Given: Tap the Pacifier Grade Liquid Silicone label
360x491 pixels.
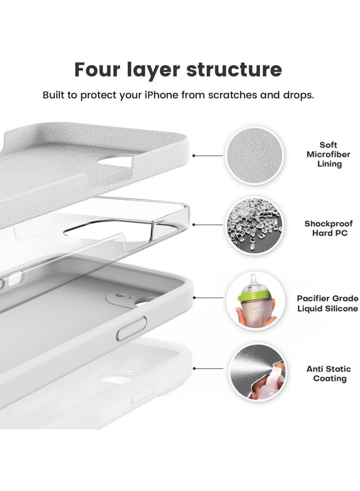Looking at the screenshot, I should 328,303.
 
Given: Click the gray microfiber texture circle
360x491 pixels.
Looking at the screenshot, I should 255,155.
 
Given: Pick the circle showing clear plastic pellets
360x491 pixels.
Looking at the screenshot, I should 255,225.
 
